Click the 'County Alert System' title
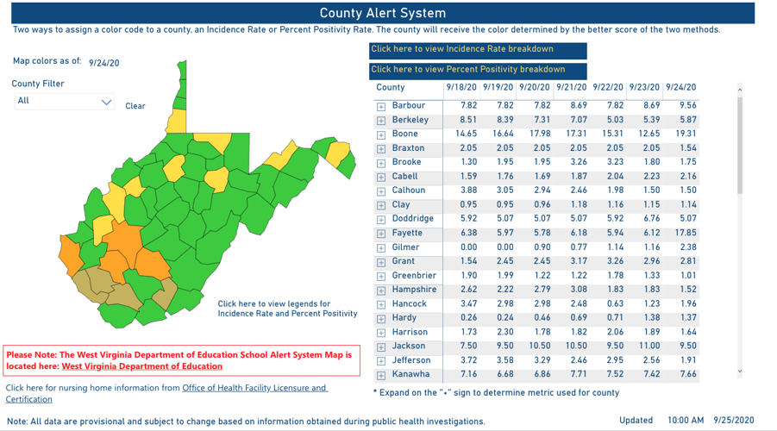pos(383,13)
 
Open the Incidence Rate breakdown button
pos(462,49)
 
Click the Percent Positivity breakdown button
pos(468,70)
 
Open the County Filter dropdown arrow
pos(107,102)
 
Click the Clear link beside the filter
pos(135,106)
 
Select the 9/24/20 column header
pos(681,88)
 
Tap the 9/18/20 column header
pos(461,88)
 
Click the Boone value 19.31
pos(687,134)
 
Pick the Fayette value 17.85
pos(687,233)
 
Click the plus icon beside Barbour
pos(381,106)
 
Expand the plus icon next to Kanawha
pos(381,375)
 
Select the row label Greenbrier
pos(414,276)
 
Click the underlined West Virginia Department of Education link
pos(141,366)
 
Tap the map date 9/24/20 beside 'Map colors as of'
pos(103,63)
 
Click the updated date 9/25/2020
pos(734,421)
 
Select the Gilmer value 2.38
pos(687,247)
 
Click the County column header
pos(391,88)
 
